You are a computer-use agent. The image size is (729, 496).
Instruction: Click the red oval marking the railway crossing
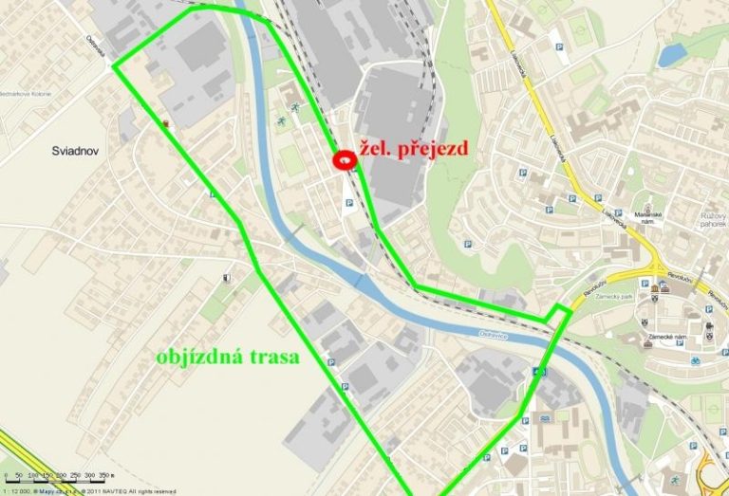coord(344,161)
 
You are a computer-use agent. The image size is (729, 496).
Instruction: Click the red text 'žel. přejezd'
coord(413,150)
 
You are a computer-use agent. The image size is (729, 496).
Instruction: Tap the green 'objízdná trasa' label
coord(227,358)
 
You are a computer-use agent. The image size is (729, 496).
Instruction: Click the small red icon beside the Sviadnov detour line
coord(168,123)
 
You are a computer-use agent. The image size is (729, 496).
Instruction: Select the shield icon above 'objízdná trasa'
coord(225,278)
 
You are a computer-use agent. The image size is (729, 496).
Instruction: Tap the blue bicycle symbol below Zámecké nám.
coord(695,361)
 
